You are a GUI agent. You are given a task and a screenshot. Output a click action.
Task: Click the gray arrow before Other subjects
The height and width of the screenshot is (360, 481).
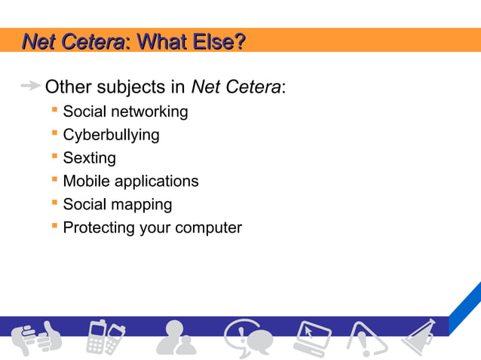point(30,87)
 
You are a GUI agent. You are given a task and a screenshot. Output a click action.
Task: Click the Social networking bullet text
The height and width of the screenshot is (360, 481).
point(125,112)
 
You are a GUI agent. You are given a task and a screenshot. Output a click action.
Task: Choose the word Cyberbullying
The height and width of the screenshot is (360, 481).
point(111,136)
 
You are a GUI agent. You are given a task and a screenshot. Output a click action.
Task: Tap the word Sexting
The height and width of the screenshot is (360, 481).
point(89,158)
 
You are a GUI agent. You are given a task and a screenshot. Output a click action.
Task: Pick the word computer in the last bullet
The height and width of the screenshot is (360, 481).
point(208,227)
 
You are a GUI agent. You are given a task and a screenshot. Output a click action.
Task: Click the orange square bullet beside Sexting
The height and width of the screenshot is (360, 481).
point(54,156)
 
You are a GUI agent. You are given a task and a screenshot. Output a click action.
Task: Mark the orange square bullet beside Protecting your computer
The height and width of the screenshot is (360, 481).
point(54,225)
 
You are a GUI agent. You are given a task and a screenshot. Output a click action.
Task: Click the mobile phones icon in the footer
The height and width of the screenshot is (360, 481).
point(104,337)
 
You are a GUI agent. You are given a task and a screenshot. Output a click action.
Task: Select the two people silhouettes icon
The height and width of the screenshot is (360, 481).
point(176,337)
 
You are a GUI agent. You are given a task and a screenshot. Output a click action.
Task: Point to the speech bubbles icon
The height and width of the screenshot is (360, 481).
point(247,337)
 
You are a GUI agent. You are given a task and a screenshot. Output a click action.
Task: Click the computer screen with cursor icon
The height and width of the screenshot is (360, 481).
point(311,337)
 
